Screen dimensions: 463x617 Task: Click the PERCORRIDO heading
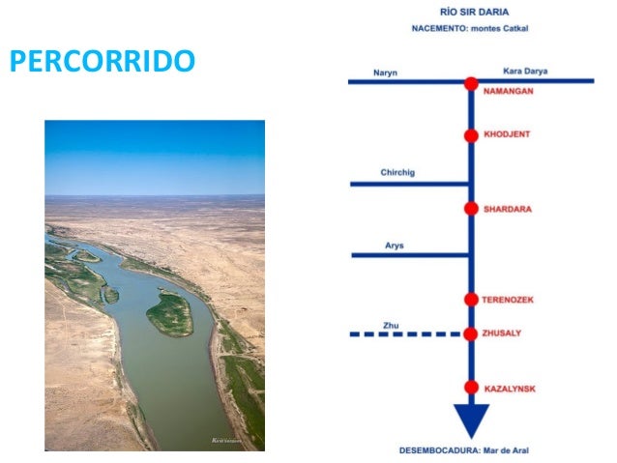(x=102, y=62)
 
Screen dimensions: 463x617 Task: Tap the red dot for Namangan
(x=471, y=83)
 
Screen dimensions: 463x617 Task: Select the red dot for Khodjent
(x=471, y=136)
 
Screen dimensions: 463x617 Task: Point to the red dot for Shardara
(x=471, y=209)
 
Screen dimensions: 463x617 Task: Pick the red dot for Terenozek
(x=471, y=300)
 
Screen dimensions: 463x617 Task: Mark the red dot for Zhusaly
(x=471, y=334)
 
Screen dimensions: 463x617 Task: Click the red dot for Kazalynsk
(x=471, y=388)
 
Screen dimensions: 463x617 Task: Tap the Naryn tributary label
(x=386, y=72)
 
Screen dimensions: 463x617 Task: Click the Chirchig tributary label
(x=397, y=173)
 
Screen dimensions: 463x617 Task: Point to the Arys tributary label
(x=394, y=246)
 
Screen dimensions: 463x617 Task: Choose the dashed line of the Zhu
(x=406, y=334)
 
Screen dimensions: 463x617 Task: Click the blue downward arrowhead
(x=471, y=420)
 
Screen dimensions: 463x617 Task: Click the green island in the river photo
(x=170, y=314)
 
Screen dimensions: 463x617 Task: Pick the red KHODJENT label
(x=508, y=136)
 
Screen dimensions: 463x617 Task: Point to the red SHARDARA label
(x=508, y=209)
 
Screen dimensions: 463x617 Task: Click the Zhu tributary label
(x=390, y=325)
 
